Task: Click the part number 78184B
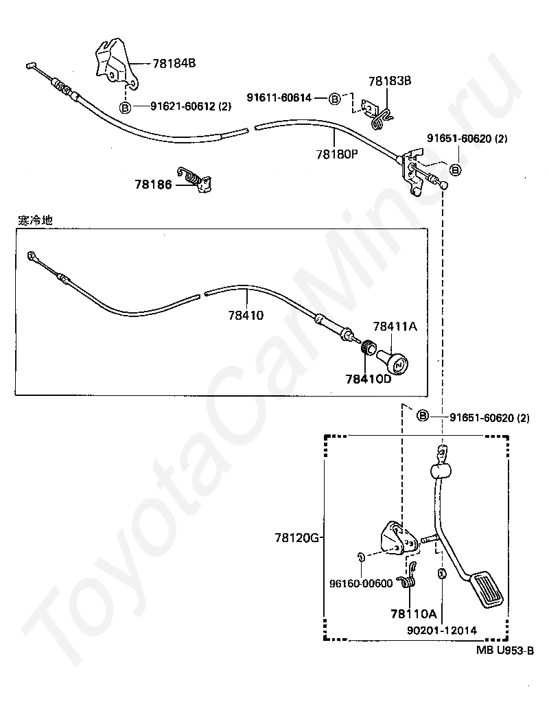click(x=174, y=63)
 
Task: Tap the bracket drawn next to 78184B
click(x=113, y=65)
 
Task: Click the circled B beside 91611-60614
click(x=335, y=99)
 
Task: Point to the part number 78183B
click(x=389, y=81)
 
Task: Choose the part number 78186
click(x=154, y=184)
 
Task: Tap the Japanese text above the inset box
click(x=35, y=221)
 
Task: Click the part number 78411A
click(x=395, y=327)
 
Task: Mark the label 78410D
click(x=368, y=378)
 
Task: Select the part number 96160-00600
click(x=360, y=584)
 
